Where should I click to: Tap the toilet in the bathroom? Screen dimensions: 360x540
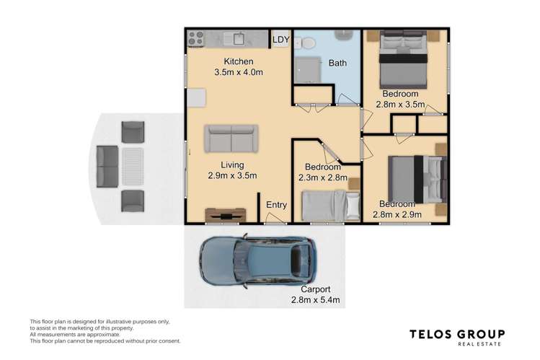(306, 43)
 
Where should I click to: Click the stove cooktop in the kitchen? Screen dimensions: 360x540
(195, 38)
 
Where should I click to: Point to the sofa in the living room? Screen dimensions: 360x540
(231, 138)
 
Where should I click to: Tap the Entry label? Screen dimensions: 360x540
(277, 205)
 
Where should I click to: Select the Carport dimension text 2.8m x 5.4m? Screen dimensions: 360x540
(314, 299)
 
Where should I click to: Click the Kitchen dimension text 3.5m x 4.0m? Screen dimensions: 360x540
(238, 72)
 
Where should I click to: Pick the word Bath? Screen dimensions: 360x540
(337, 63)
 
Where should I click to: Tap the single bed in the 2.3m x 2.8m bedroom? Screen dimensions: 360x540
(330, 205)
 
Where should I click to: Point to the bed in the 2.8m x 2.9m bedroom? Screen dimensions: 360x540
(415, 177)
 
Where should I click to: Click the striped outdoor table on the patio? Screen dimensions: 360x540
(134, 166)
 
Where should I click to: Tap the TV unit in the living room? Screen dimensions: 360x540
(226, 214)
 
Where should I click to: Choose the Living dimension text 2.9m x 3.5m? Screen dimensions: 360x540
(233, 175)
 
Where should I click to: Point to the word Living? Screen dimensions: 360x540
(233, 164)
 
